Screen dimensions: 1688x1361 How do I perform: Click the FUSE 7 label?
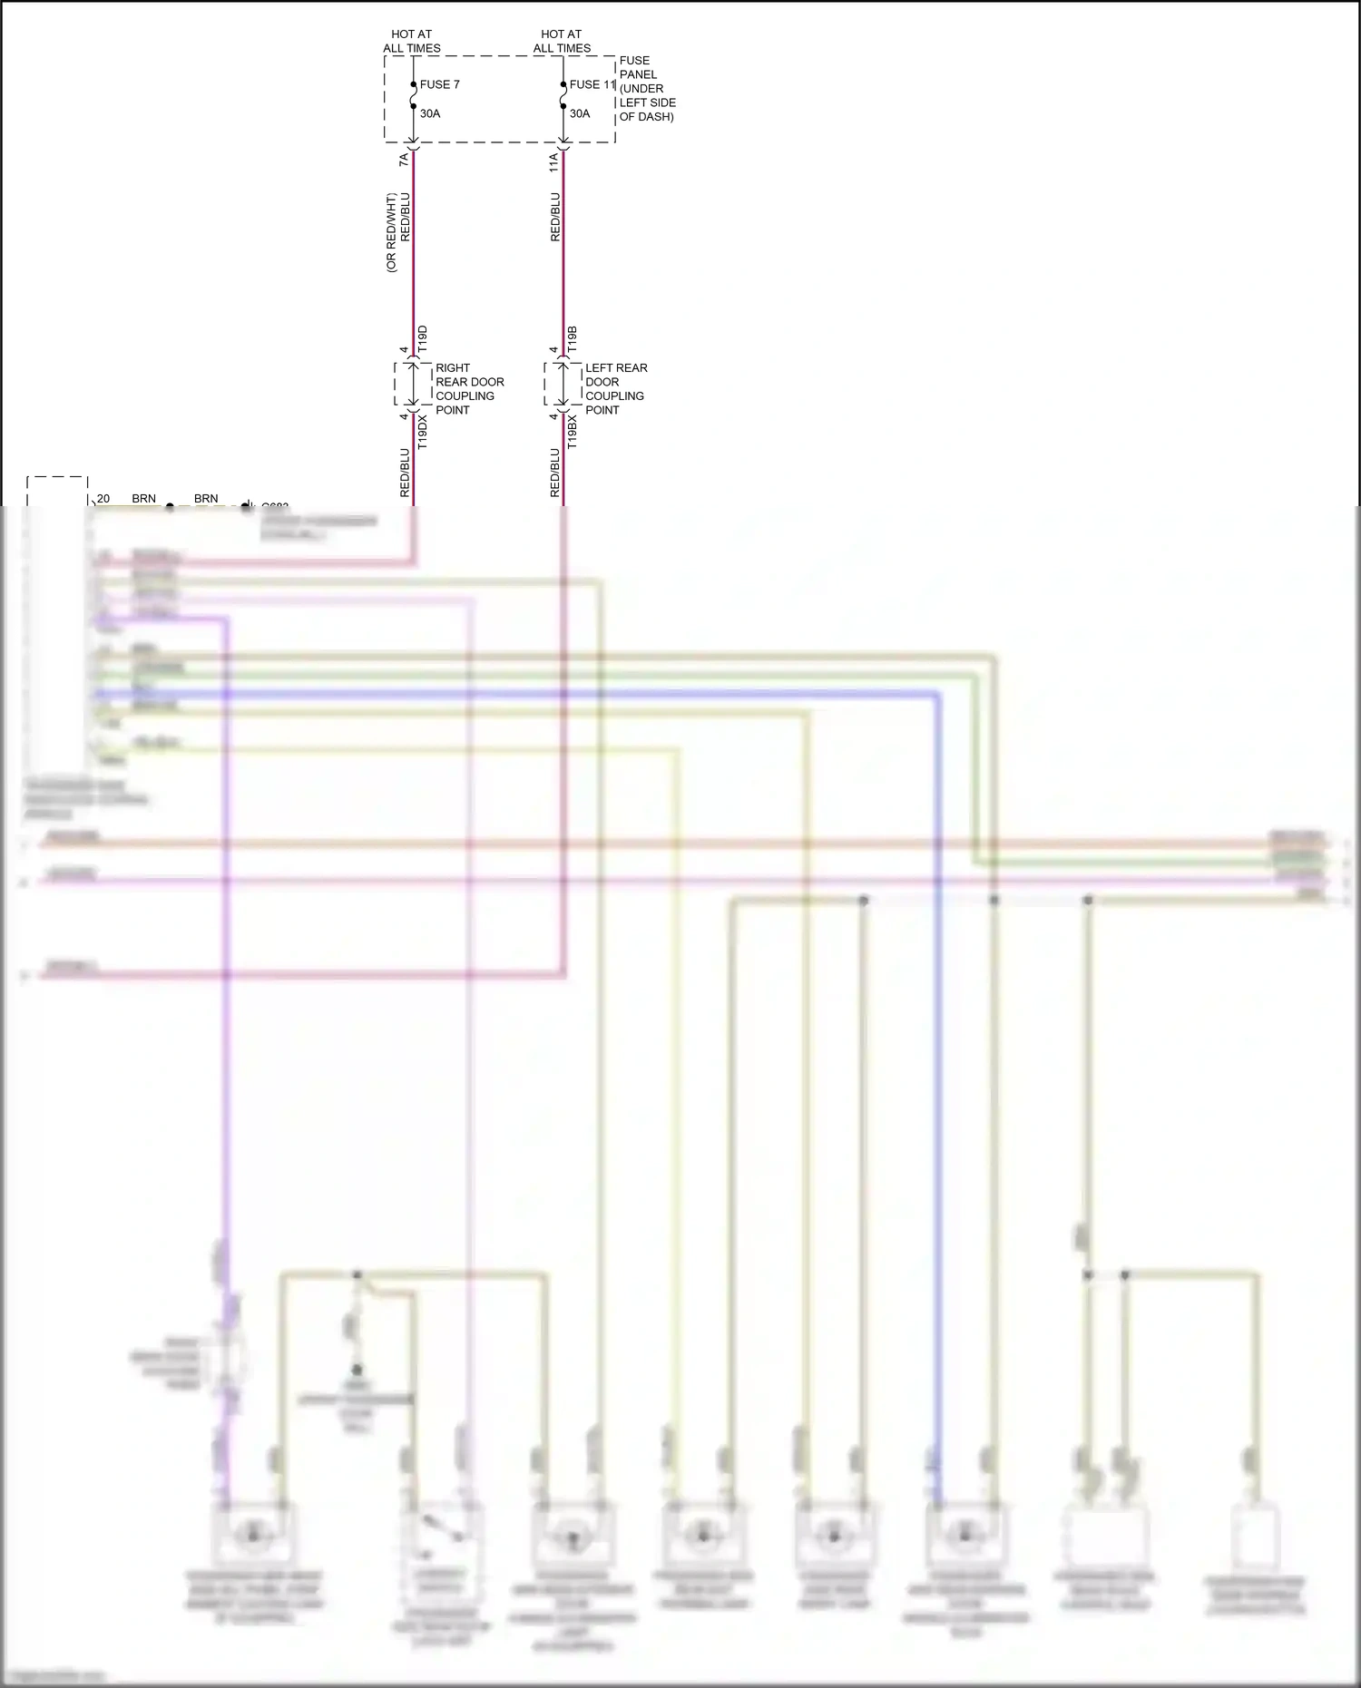(x=439, y=84)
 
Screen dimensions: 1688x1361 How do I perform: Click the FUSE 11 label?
(x=592, y=84)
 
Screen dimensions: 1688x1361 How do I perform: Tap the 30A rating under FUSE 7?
(x=430, y=113)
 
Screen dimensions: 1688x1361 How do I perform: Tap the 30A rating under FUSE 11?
(x=580, y=113)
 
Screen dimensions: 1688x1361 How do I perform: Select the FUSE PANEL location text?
(x=647, y=89)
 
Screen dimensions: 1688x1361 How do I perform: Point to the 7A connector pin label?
(x=404, y=160)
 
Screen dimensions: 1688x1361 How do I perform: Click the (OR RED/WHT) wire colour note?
(x=391, y=233)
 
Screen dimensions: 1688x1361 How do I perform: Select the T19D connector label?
(x=422, y=339)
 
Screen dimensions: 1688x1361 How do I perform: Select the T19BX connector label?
(x=572, y=432)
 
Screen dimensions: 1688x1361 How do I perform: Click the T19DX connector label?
(x=422, y=432)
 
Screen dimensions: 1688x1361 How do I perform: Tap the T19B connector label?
(x=572, y=339)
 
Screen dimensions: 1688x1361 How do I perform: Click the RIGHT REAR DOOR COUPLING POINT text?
(x=469, y=389)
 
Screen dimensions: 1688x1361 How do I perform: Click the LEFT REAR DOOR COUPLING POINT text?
(x=616, y=389)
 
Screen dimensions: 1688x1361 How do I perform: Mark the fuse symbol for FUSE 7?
(x=413, y=95)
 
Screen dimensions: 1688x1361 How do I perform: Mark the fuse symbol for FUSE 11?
(x=563, y=95)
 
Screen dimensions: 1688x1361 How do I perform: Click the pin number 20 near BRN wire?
(x=103, y=499)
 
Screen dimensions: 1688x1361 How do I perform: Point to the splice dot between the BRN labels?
(x=170, y=507)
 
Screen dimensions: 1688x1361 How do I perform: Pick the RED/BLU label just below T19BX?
(x=554, y=473)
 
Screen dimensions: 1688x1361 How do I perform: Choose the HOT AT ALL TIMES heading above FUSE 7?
(x=411, y=41)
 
